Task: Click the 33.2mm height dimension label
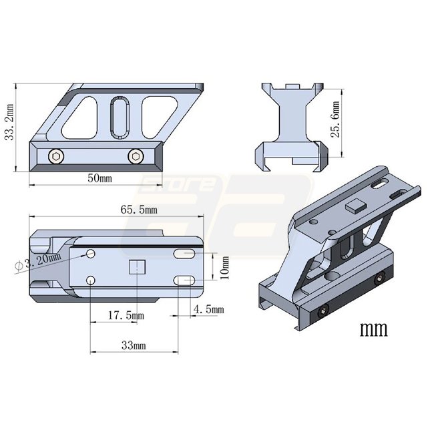[9, 122]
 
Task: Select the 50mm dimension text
[100, 178]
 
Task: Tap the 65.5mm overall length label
[139, 210]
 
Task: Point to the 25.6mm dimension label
[335, 120]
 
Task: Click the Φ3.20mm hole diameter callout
[38, 262]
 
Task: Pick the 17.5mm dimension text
[126, 315]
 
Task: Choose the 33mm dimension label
[134, 345]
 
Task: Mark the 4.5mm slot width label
[208, 309]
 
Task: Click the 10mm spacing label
[225, 268]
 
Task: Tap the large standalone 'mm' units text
[374, 329]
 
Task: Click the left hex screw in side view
[56, 157]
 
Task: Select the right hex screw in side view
[136, 157]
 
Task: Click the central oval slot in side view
[120, 118]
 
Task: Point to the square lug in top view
[138, 267]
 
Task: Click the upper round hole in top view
[91, 254]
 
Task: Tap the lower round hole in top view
[91, 280]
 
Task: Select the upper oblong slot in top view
[184, 254]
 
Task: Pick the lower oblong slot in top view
[184, 280]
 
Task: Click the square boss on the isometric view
[356, 206]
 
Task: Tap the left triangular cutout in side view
[80, 118]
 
